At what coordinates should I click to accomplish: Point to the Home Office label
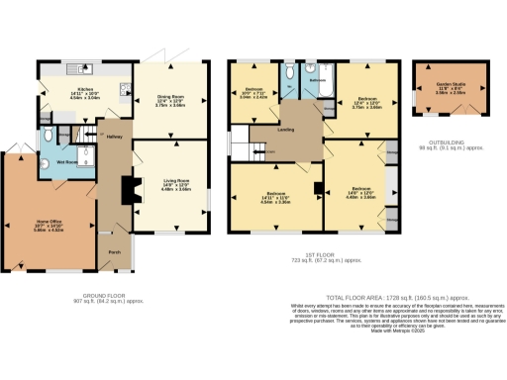(x=49, y=221)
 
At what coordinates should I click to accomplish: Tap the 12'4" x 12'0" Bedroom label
(x=367, y=102)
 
